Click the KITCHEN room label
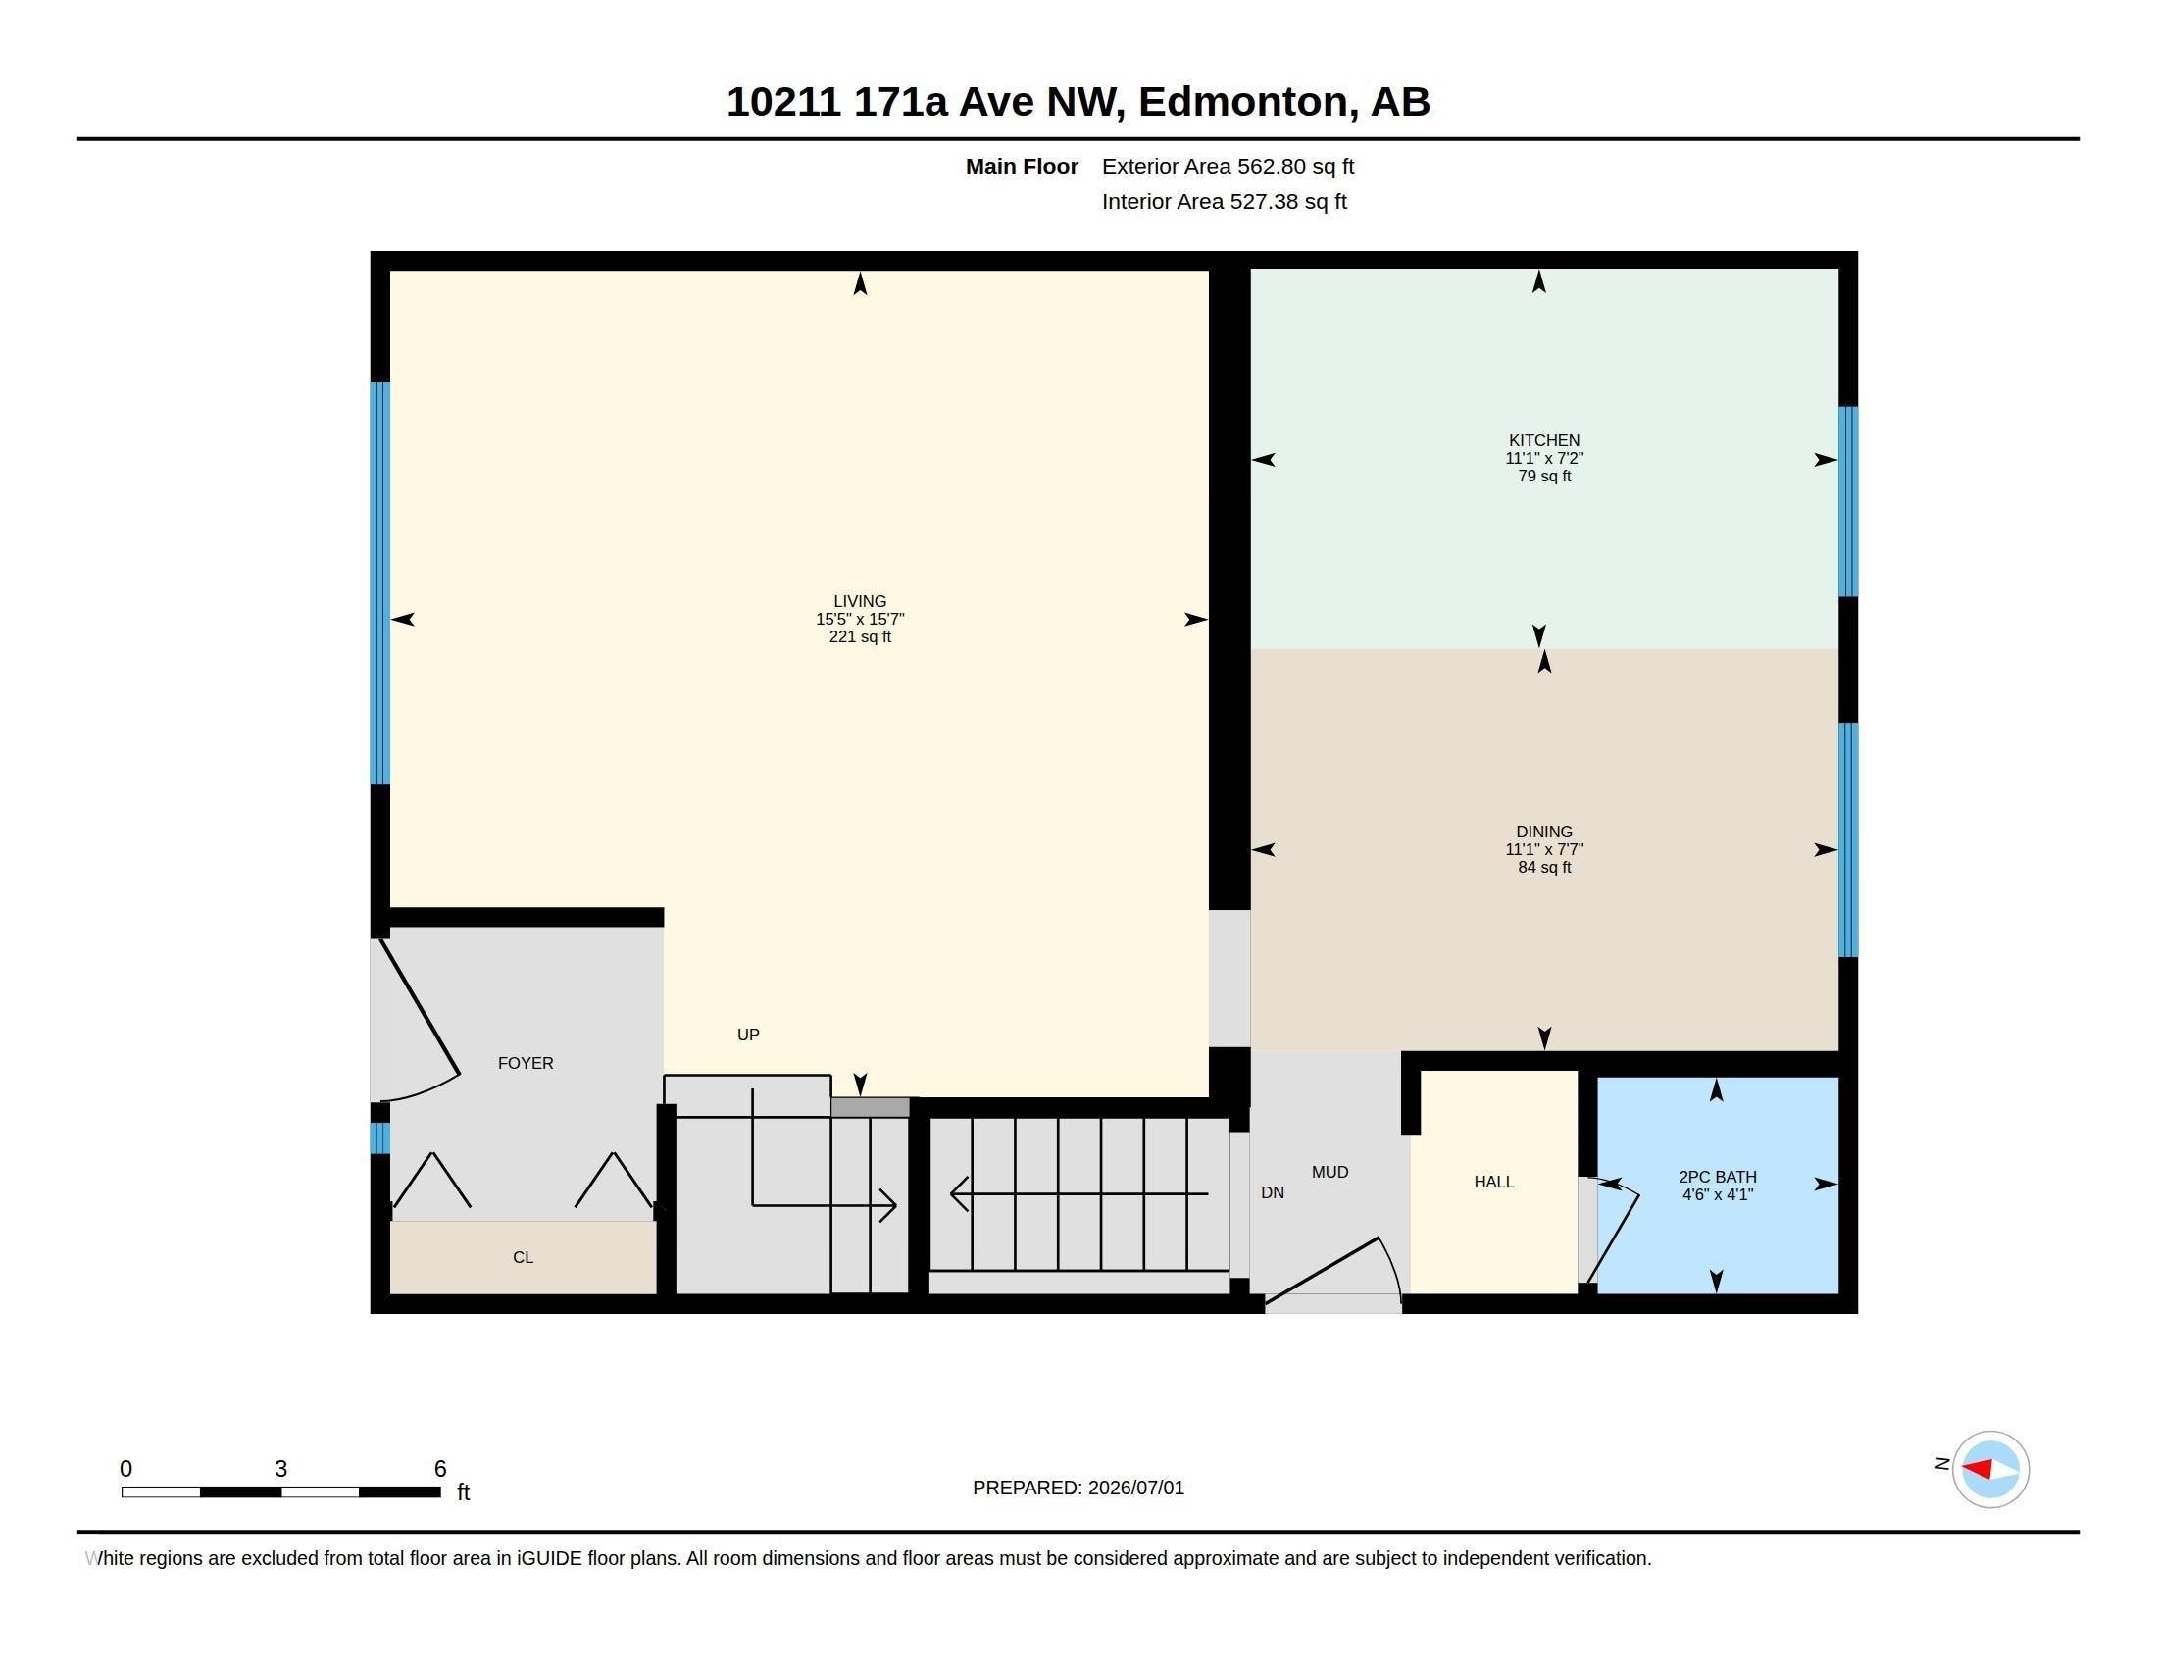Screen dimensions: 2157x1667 pos(1543,440)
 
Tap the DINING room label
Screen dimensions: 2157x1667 pos(1543,832)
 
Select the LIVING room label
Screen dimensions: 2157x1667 pos(859,600)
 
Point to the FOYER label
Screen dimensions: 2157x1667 pos(526,1063)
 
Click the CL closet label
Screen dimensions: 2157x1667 pos(524,1257)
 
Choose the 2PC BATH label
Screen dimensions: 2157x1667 pos(1718,1176)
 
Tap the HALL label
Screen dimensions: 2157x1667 pos(1493,1182)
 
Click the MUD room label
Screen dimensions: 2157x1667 pos(1329,1171)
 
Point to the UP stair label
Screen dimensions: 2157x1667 pos(748,1034)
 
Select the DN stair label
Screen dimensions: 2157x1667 pos(1272,1192)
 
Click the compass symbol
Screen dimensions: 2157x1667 pos(1990,1469)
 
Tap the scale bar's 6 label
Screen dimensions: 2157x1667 pos(440,1469)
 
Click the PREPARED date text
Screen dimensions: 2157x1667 pos(1078,1488)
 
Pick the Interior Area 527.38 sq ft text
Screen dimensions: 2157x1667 pos(1224,201)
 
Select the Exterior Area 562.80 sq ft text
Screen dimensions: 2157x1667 pos(1228,166)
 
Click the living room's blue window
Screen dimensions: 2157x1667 pos(380,583)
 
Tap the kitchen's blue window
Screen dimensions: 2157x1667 pos(1848,502)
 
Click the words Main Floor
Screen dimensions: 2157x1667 pos(1022,166)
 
